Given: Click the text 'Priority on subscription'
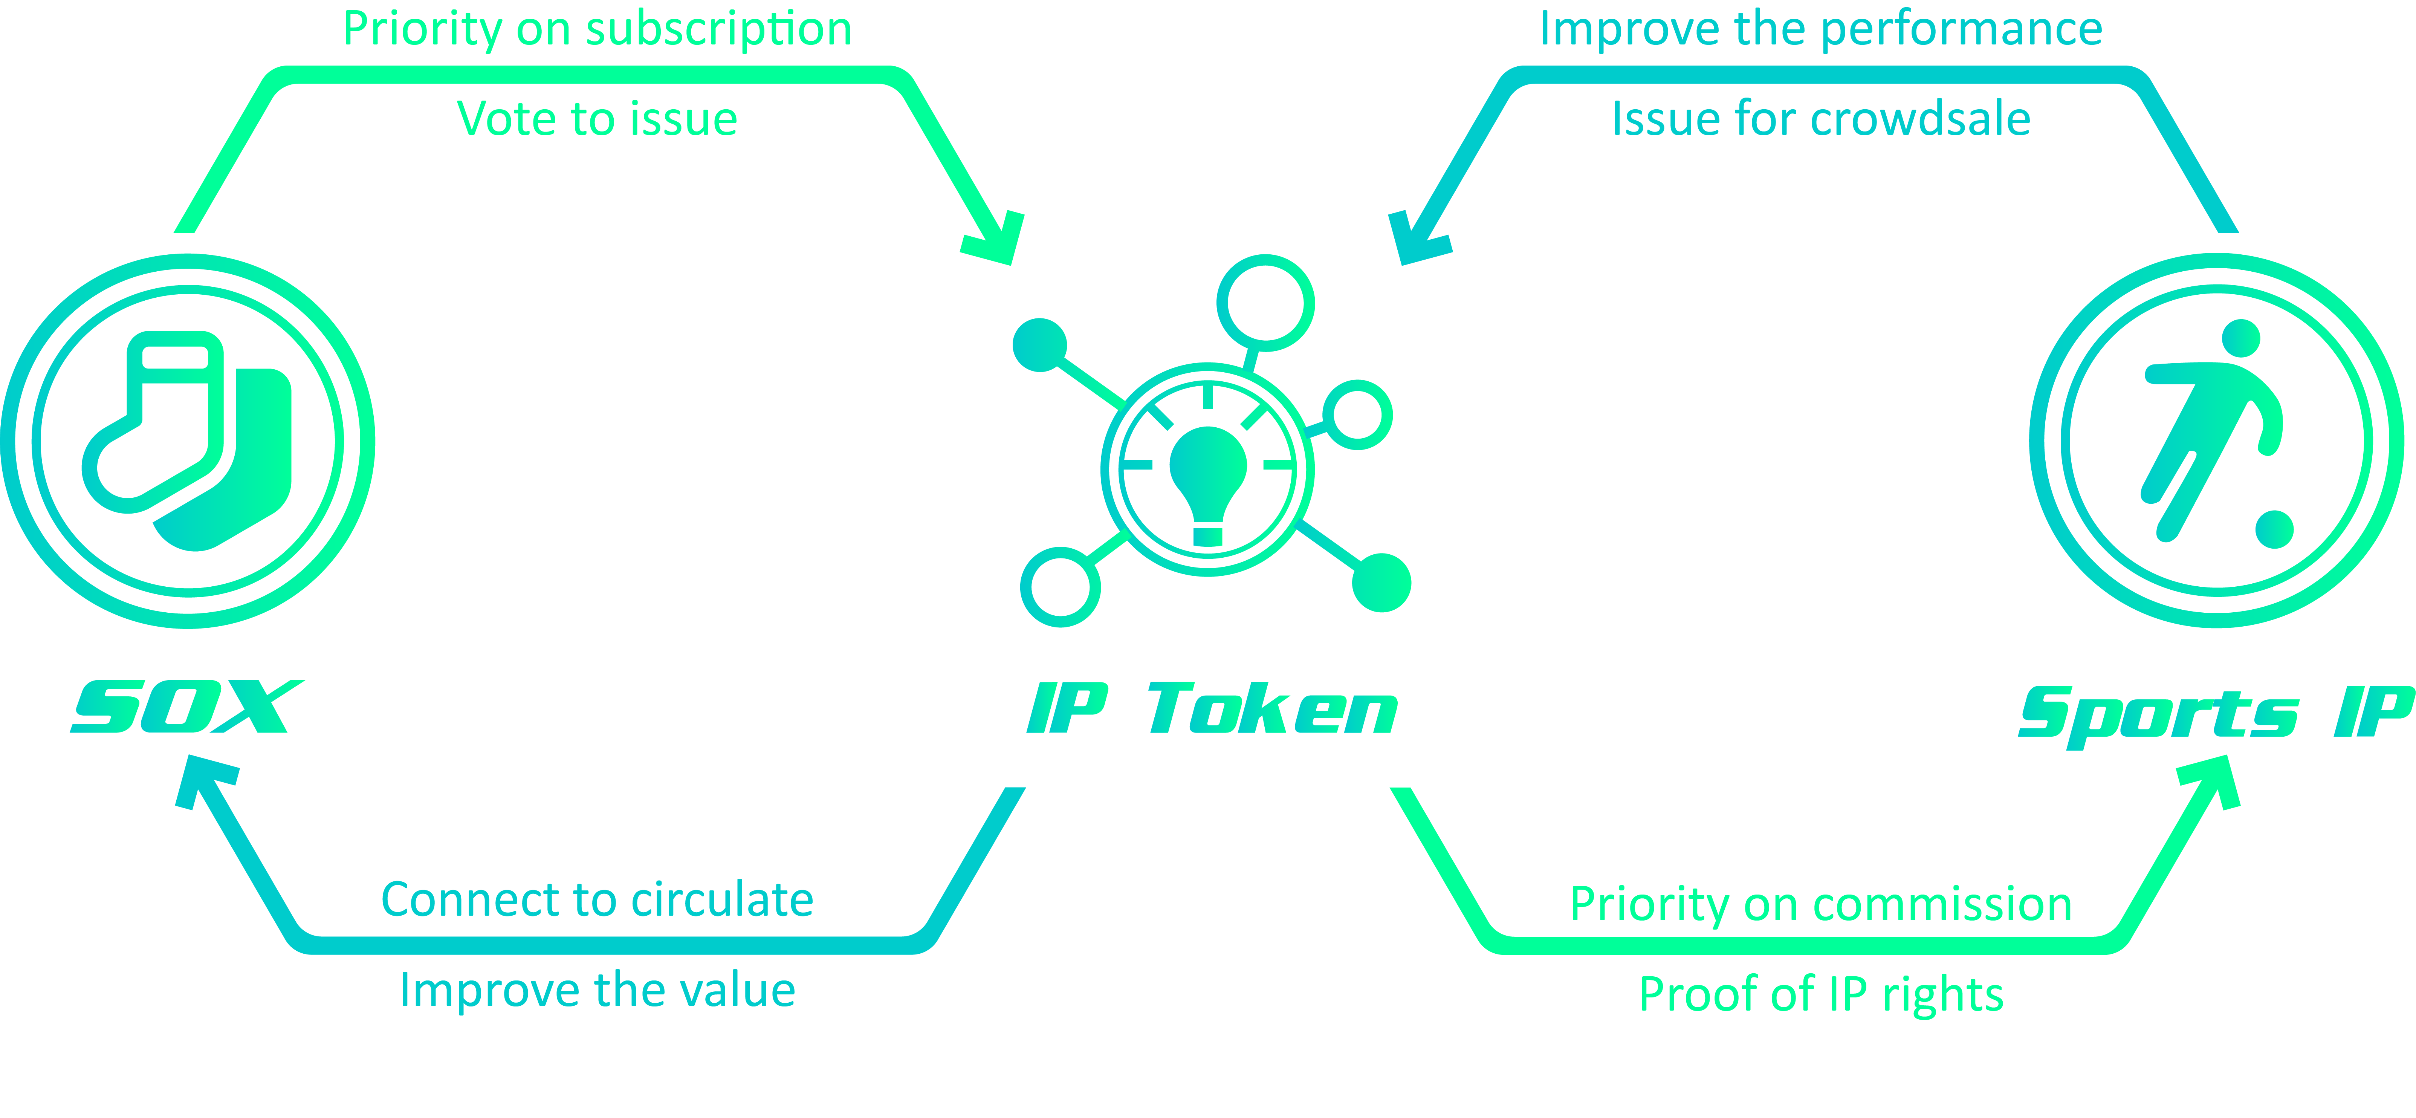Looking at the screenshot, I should (598, 29).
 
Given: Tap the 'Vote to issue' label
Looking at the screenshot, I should (598, 119).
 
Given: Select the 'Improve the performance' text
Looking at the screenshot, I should (1820, 29).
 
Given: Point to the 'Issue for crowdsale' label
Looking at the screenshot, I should (1820, 119).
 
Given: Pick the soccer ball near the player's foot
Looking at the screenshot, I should (2274, 529).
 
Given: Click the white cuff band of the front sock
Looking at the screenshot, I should (174, 357).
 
